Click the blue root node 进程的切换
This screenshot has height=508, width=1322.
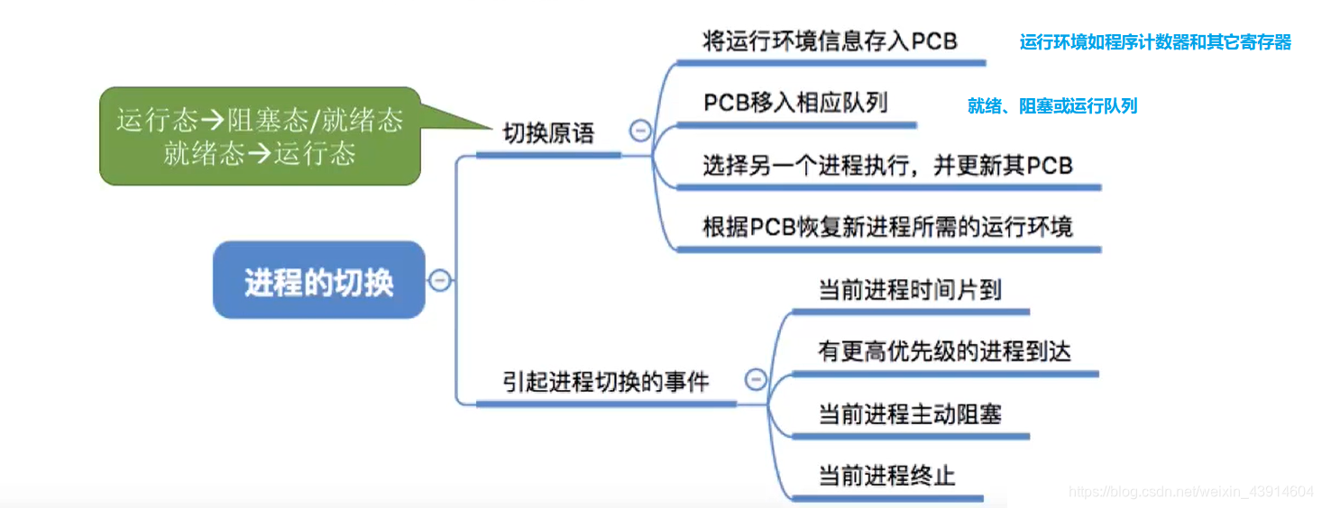[318, 281]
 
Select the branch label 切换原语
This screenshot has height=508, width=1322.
[548, 134]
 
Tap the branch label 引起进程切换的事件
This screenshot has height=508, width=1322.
[605, 382]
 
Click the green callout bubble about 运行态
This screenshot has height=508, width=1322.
[260, 135]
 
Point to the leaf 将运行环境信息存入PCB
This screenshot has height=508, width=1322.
[829, 41]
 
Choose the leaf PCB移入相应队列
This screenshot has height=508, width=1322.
[795, 103]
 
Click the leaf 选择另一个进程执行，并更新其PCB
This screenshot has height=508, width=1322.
[887, 166]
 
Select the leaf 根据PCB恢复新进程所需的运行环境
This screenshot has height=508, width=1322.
[887, 226]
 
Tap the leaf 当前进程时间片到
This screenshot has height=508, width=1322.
[909, 290]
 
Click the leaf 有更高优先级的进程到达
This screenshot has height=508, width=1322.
[944, 351]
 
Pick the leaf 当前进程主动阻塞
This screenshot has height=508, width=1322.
[909, 414]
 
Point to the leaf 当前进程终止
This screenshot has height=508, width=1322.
[886, 476]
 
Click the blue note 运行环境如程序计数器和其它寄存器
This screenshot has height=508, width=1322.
[1155, 42]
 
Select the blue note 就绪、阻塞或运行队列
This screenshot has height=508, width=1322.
[1052, 106]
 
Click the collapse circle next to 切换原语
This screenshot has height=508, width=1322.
[640, 132]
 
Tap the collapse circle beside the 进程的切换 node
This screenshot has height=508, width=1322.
[439, 280]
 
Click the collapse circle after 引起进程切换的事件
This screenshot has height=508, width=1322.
[756, 379]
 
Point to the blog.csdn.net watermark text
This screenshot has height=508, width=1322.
[1190, 492]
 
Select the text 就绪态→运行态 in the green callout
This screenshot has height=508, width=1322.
[260, 153]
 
